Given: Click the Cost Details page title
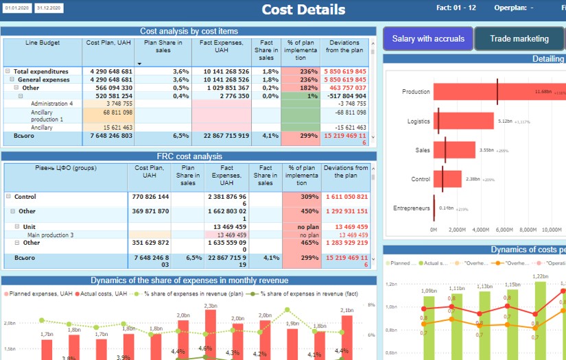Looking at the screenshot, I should click(303, 10).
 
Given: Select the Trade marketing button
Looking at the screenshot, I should click(519, 39).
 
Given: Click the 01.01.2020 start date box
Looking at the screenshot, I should click(16, 8).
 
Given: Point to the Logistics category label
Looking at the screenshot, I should click(418, 122).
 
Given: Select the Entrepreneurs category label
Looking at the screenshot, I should click(412, 208).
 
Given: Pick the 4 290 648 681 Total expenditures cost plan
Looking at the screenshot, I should click(112, 71).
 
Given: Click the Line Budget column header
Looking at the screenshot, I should click(43, 43).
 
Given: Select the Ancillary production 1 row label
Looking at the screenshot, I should click(47, 116).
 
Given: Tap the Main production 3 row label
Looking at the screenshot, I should click(50, 235).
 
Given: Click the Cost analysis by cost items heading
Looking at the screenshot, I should click(189, 31).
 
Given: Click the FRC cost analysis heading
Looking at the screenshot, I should click(189, 156).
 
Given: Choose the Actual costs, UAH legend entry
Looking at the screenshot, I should click(99, 293).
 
